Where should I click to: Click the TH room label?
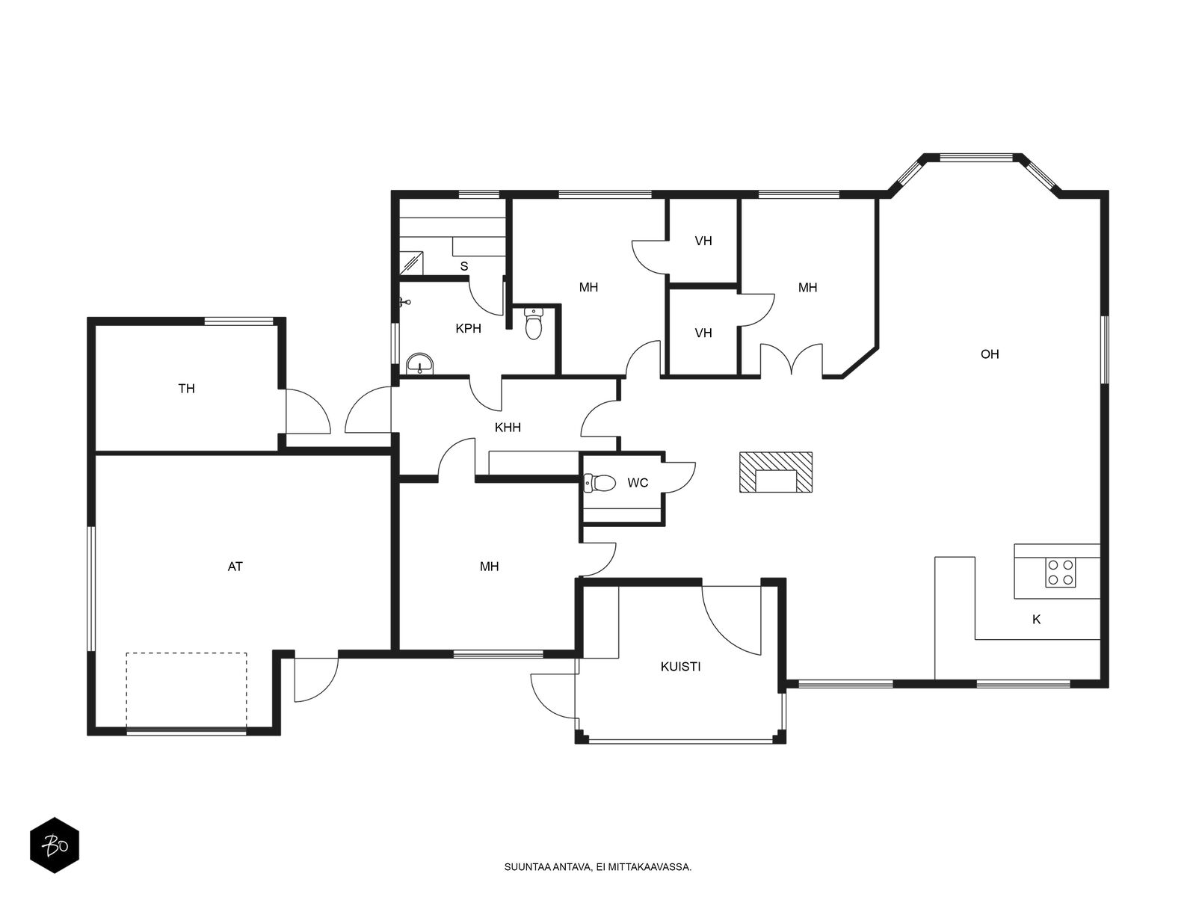(186, 388)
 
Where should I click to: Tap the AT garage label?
(235, 567)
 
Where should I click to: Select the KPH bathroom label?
(468, 328)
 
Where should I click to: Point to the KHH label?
(508, 428)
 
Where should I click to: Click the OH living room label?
(990, 354)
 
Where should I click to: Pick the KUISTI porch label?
(680, 667)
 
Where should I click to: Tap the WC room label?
(638, 483)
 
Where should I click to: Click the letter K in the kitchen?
(1036, 619)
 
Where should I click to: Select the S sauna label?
(464, 266)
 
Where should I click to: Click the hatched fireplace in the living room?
(775, 472)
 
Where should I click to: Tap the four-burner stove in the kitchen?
(1060, 573)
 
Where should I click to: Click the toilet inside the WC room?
(599, 483)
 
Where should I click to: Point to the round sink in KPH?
(419, 364)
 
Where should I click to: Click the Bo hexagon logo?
(55, 845)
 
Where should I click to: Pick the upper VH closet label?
(703, 241)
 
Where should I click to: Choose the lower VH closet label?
(703, 333)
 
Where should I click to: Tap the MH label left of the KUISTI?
(490, 567)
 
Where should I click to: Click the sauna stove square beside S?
(411, 264)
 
